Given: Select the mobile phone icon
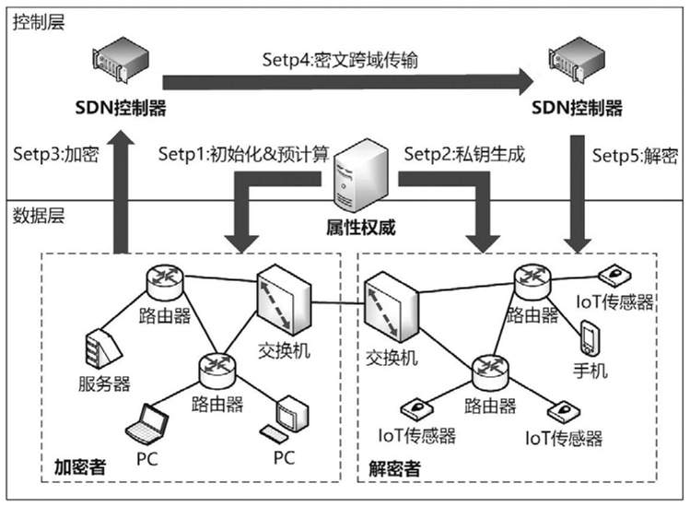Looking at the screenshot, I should tap(590, 338).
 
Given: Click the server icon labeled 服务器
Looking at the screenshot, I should tap(100, 348).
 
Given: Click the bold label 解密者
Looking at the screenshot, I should tap(394, 469).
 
